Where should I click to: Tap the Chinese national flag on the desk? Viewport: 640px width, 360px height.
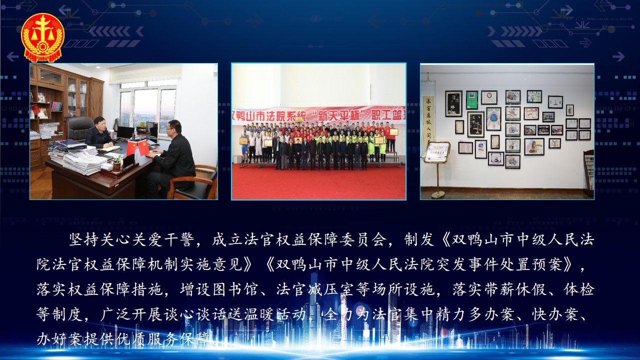pyautogui.click(x=131, y=148)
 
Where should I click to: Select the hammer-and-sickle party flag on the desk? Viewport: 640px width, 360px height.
pyautogui.click(x=143, y=147)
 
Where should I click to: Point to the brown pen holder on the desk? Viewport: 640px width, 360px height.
pyautogui.click(x=116, y=167)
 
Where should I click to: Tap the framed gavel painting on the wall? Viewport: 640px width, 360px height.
pyautogui.click(x=534, y=146)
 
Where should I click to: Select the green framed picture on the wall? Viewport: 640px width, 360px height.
pyautogui.click(x=472, y=100)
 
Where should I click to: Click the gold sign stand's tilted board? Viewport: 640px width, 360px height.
pyautogui.click(x=437, y=152)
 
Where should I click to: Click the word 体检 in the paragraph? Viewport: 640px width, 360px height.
pyautogui.click(x=579, y=289)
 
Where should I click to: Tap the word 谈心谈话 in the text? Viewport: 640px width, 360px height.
pyautogui.click(x=195, y=314)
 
